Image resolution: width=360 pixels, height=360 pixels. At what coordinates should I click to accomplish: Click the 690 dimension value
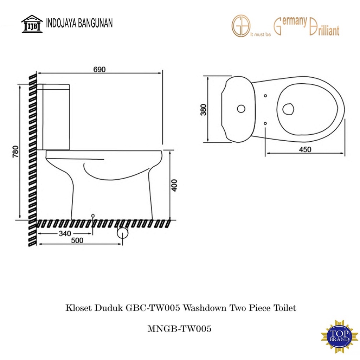99,69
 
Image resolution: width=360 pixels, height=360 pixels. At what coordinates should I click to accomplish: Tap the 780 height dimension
15,152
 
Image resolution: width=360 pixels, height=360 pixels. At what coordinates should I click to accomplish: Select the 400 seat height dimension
174,185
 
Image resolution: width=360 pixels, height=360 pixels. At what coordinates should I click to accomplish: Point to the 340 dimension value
65,233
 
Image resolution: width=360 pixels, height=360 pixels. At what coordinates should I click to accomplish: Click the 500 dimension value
77,240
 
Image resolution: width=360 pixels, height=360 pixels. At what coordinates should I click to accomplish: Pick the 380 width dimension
204,110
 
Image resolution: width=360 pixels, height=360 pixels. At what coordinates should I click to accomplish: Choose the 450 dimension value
305,149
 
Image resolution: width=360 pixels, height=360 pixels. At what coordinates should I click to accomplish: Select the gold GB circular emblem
241,26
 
